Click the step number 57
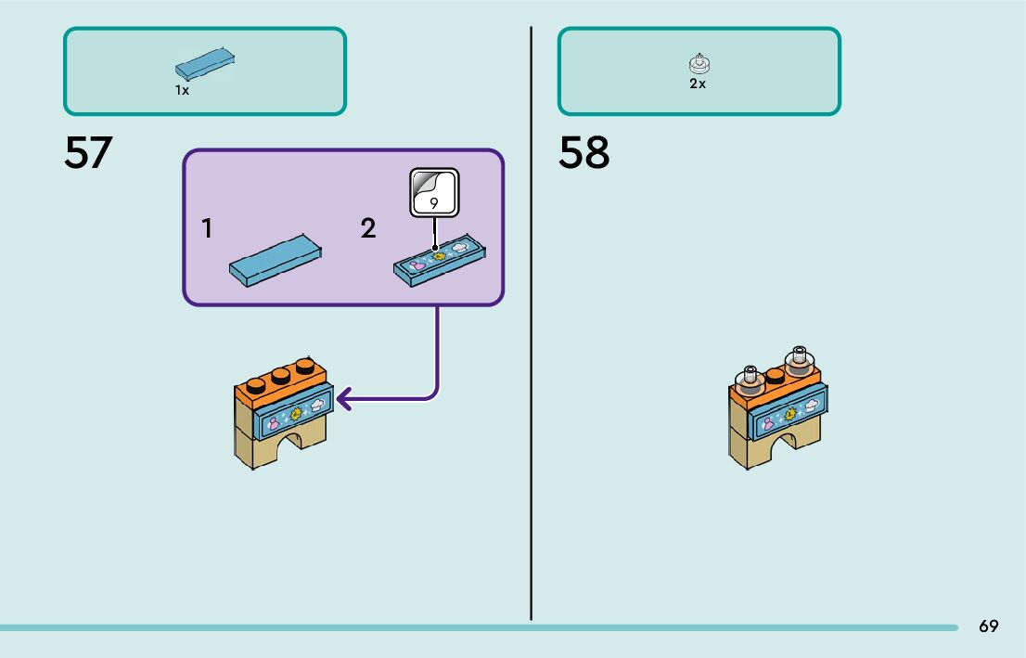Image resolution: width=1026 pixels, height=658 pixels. pyautogui.click(x=88, y=154)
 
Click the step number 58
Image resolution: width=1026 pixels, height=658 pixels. pyautogui.click(x=584, y=154)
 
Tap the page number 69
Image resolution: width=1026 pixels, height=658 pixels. pyautogui.click(x=988, y=626)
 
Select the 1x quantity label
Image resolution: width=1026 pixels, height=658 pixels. pyautogui.click(x=182, y=91)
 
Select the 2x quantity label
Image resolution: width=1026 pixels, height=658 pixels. pyautogui.click(x=698, y=84)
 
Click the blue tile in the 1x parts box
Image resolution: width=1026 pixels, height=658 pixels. pyautogui.click(x=204, y=64)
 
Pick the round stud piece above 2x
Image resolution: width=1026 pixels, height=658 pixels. pyautogui.click(x=698, y=64)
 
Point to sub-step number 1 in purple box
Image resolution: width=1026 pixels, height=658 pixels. pyautogui.click(x=208, y=228)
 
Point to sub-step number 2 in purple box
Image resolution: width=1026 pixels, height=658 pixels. pyautogui.click(x=368, y=228)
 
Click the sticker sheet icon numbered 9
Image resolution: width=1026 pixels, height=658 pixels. pyautogui.click(x=434, y=193)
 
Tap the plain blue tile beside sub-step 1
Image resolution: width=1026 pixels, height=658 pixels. pyautogui.click(x=276, y=261)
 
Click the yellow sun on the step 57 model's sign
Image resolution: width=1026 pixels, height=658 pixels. pyautogui.click(x=297, y=414)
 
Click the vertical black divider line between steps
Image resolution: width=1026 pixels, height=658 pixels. pyautogui.click(x=531, y=325)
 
